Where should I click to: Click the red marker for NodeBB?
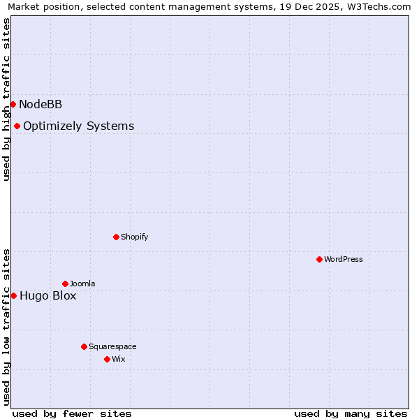(13, 104)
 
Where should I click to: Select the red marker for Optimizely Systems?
(17, 126)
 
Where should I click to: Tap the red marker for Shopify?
(116, 237)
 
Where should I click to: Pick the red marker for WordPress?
(319, 259)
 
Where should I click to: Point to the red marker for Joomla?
(65, 284)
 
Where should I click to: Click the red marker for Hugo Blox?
(13, 295)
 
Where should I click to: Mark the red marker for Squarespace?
(84, 346)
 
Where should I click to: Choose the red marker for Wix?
(107, 359)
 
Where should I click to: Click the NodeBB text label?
(41, 105)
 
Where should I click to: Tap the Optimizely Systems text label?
(78, 126)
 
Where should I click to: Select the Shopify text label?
(134, 237)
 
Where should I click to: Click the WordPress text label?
(343, 260)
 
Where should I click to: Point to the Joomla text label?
(82, 284)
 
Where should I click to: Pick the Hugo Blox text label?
(47, 296)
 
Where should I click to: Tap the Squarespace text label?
(112, 347)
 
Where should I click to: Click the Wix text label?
(119, 360)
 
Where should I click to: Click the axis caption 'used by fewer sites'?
(72, 413)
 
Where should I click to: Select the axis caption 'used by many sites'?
(351, 413)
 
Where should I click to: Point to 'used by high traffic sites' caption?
(6, 99)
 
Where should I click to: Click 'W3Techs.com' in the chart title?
(381, 7)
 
